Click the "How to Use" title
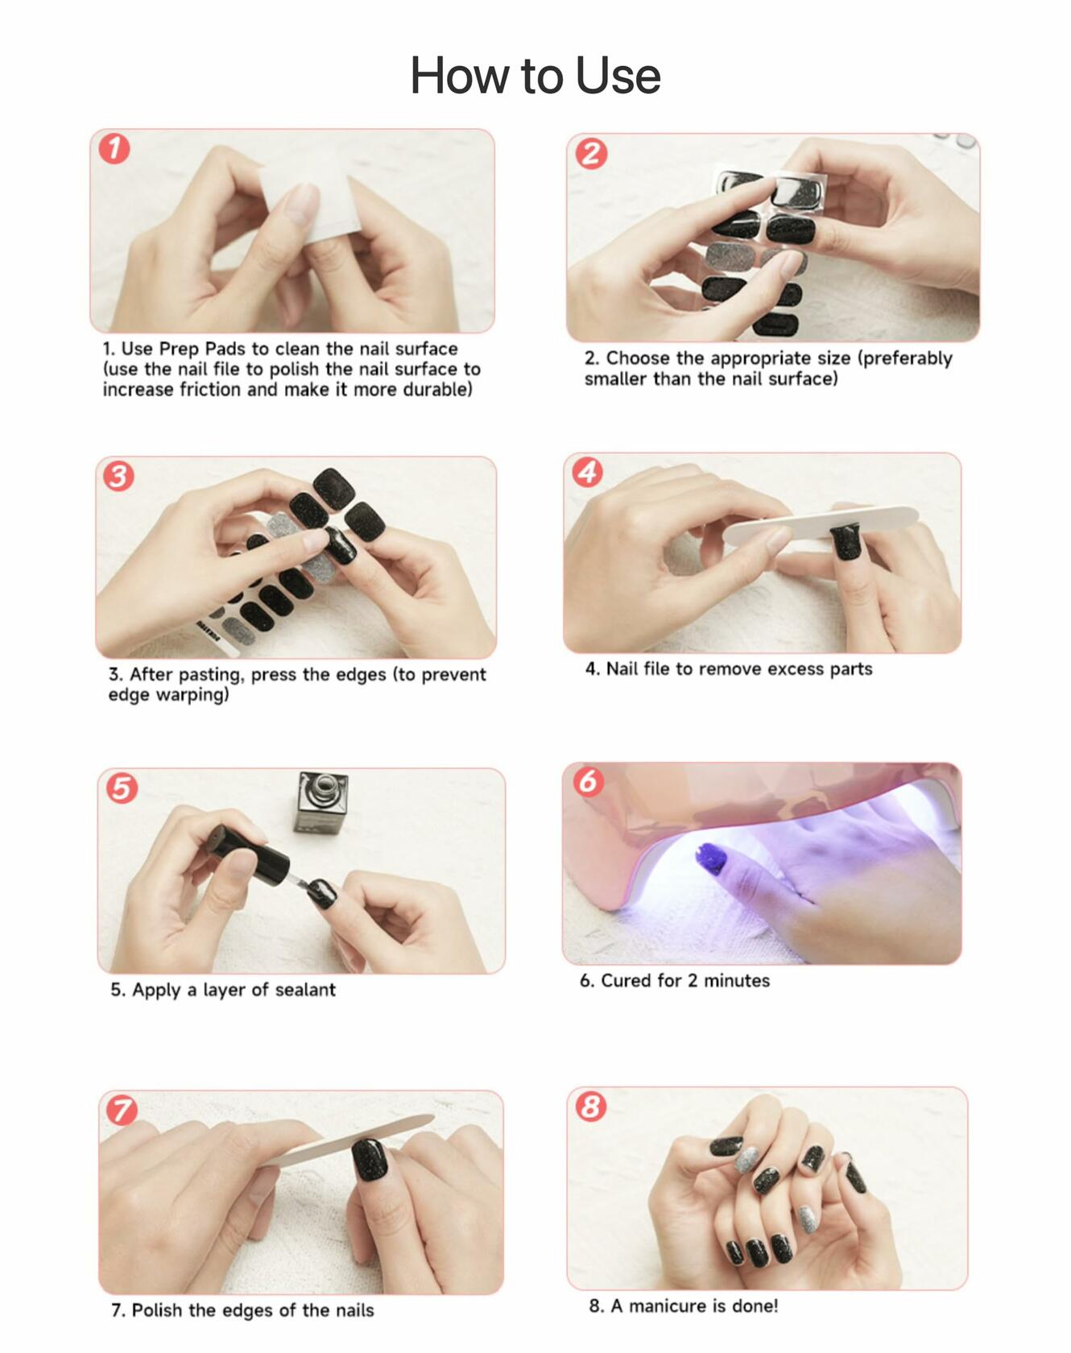pyautogui.click(x=535, y=76)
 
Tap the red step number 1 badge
pyautogui.click(x=114, y=148)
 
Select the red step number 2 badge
pyautogui.click(x=591, y=153)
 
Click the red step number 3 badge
pyautogui.click(x=118, y=476)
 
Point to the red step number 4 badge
pyautogui.click(x=587, y=472)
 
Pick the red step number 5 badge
pyautogui.click(x=122, y=788)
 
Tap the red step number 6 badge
pyautogui.click(x=588, y=780)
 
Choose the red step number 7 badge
pyautogui.click(x=122, y=1111)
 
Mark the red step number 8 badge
pyautogui.click(x=591, y=1106)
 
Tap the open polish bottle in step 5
pyautogui.click(x=321, y=803)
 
